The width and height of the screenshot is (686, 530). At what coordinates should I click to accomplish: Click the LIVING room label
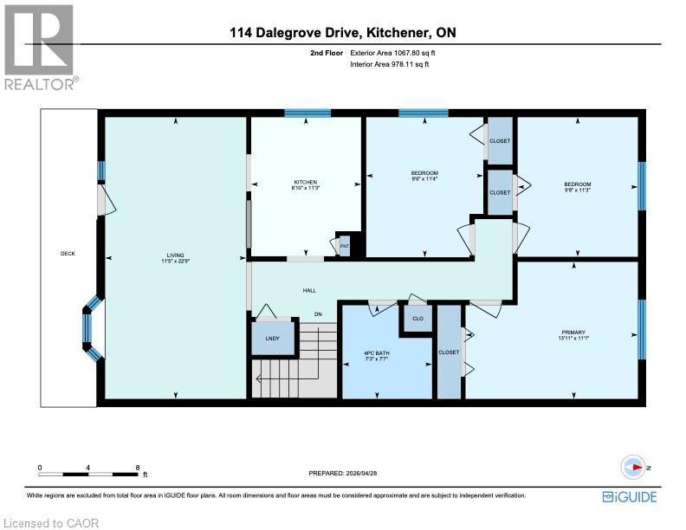tap(175, 255)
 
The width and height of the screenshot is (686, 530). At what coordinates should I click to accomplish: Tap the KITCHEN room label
tap(304, 182)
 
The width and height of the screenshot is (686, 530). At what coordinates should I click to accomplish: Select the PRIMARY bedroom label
tap(573, 333)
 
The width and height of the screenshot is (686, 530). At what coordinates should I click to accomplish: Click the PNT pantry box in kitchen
tap(344, 246)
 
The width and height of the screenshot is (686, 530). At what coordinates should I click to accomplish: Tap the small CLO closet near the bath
tap(417, 318)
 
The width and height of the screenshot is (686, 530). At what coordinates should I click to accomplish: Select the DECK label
tap(68, 254)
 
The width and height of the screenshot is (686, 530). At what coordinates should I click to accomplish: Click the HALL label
tap(309, 291)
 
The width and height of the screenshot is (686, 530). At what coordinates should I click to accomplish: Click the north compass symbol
tap(637, 467)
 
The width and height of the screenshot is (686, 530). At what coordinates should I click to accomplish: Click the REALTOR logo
tap(39, 48)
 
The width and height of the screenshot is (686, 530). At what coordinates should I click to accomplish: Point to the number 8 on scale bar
tap(138, 468)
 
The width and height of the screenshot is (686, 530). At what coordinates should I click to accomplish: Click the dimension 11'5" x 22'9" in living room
tap(175, 262)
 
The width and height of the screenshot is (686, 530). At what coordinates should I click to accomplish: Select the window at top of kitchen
tap(307, 113)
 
